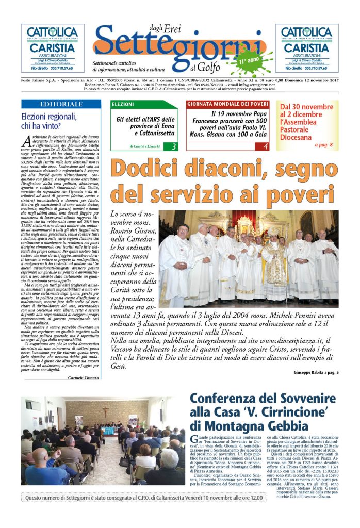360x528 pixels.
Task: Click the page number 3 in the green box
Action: [174, 146]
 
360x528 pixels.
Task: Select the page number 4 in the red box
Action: [266, 146]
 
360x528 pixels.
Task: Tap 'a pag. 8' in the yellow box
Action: [324, 145]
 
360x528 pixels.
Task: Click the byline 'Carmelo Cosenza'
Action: [83, 378]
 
